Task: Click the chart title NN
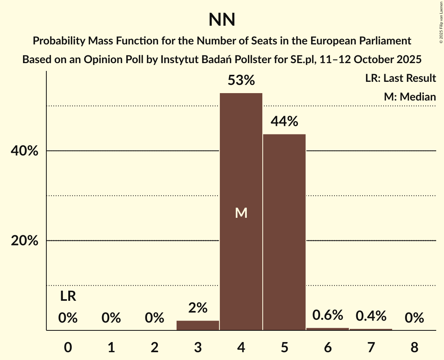pos(222,20)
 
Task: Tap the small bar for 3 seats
pos(198,325)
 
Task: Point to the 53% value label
pos(241,81)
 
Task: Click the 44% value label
pos(284,122)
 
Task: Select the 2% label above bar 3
pos(198,308)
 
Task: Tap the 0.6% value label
pos(327,315)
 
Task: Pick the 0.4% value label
pos(371,316)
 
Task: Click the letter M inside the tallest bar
pos(241,213)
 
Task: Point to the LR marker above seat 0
pos(68,297)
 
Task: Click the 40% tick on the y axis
pos(25,151)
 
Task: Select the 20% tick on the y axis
pos(25,241)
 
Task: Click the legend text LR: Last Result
pos(400,78)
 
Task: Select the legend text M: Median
pos(410,97)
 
